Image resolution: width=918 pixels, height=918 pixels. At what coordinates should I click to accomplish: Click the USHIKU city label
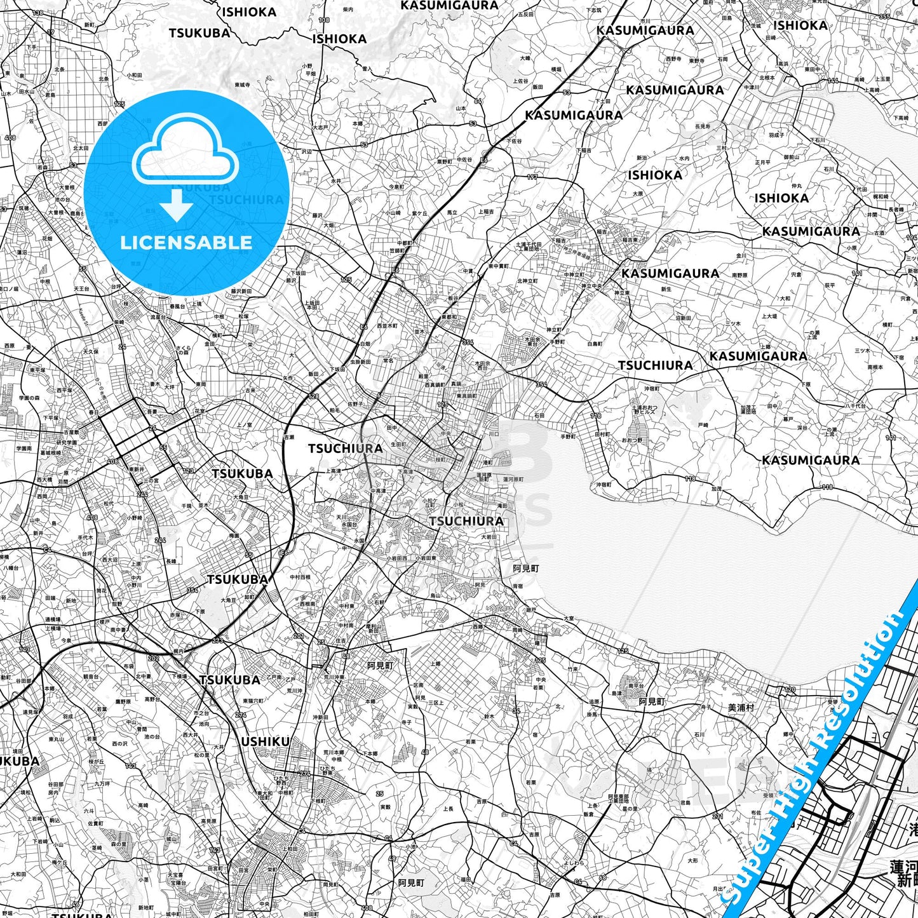click(x=265, y=741)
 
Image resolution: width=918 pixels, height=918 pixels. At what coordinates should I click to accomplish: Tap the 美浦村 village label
click(x=741, y=707)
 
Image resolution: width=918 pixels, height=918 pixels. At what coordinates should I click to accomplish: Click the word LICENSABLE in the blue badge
click(x=186, y=242)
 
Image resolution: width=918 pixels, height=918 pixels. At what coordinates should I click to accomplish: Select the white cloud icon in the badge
click(x=185, y=152)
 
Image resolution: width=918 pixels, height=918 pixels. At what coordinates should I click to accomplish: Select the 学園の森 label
click(x=29, y=398)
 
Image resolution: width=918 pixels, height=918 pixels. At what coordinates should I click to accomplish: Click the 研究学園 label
click(x=66, y=443)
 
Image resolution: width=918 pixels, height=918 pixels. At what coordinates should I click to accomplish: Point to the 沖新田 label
click(x=320, y=717)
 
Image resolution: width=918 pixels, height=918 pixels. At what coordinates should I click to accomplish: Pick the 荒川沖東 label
click(x=334, y=677)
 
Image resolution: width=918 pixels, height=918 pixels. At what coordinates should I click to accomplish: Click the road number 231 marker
click(x=717, y=816)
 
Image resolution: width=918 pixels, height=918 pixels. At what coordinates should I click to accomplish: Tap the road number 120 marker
click(x=790, y=689)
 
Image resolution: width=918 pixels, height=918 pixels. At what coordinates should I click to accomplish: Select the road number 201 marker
click(x=298, y=636)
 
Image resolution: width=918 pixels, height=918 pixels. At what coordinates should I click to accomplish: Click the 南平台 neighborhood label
click(x=636, y=687)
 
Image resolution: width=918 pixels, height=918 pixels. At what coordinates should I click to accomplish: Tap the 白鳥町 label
click(x=595, y=344)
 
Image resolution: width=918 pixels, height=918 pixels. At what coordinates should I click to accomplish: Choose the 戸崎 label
click(x=703, y=424)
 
